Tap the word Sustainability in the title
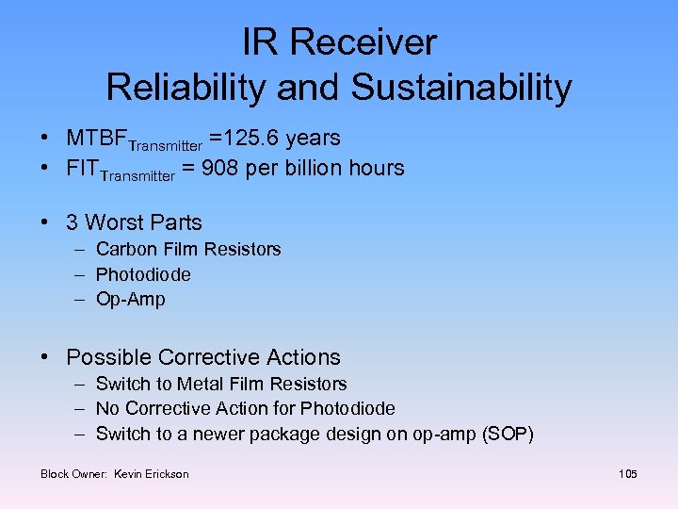(461, 88)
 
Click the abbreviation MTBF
(96, 139)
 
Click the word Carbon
(125, 250)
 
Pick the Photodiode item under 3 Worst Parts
(143, 274)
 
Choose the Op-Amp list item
(130, 300)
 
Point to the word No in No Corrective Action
(107, 409)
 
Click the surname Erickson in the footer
(167, 474)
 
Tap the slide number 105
(628, 473)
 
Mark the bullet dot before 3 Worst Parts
(45, 223)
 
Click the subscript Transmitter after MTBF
(165, 145)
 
